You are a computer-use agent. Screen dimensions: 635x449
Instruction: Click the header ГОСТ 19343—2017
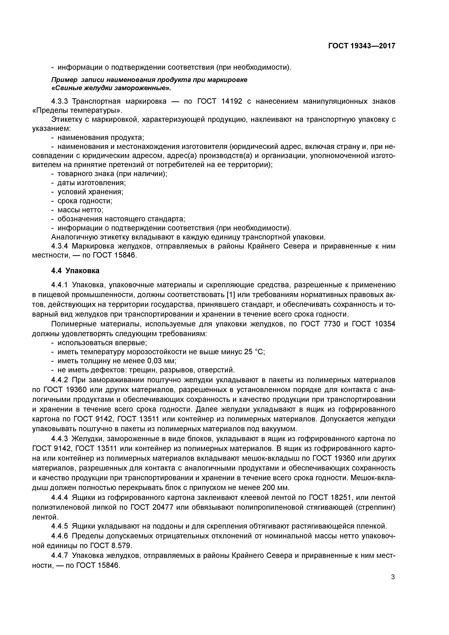362,46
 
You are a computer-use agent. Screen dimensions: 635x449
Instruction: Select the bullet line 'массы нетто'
80,210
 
